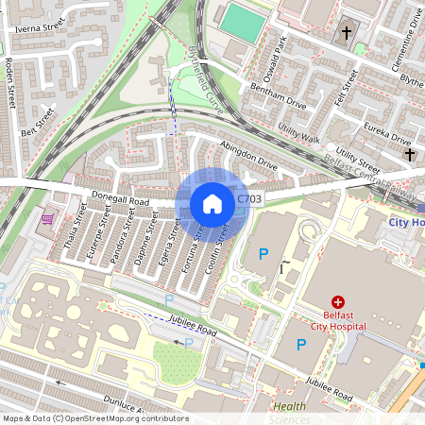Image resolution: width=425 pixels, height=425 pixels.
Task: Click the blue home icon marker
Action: click(212, 203)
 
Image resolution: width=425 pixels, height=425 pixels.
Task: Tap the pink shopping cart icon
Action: click(47, 219)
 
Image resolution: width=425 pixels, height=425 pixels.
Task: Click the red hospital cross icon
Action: click(312, 300)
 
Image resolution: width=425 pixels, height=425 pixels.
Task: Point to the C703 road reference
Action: click(249, 199)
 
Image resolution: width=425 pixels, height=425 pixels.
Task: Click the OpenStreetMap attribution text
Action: click(94, 418)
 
